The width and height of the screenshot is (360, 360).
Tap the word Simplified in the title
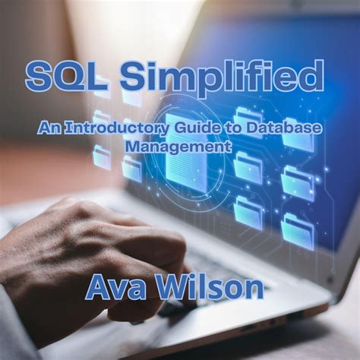[220, 77]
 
